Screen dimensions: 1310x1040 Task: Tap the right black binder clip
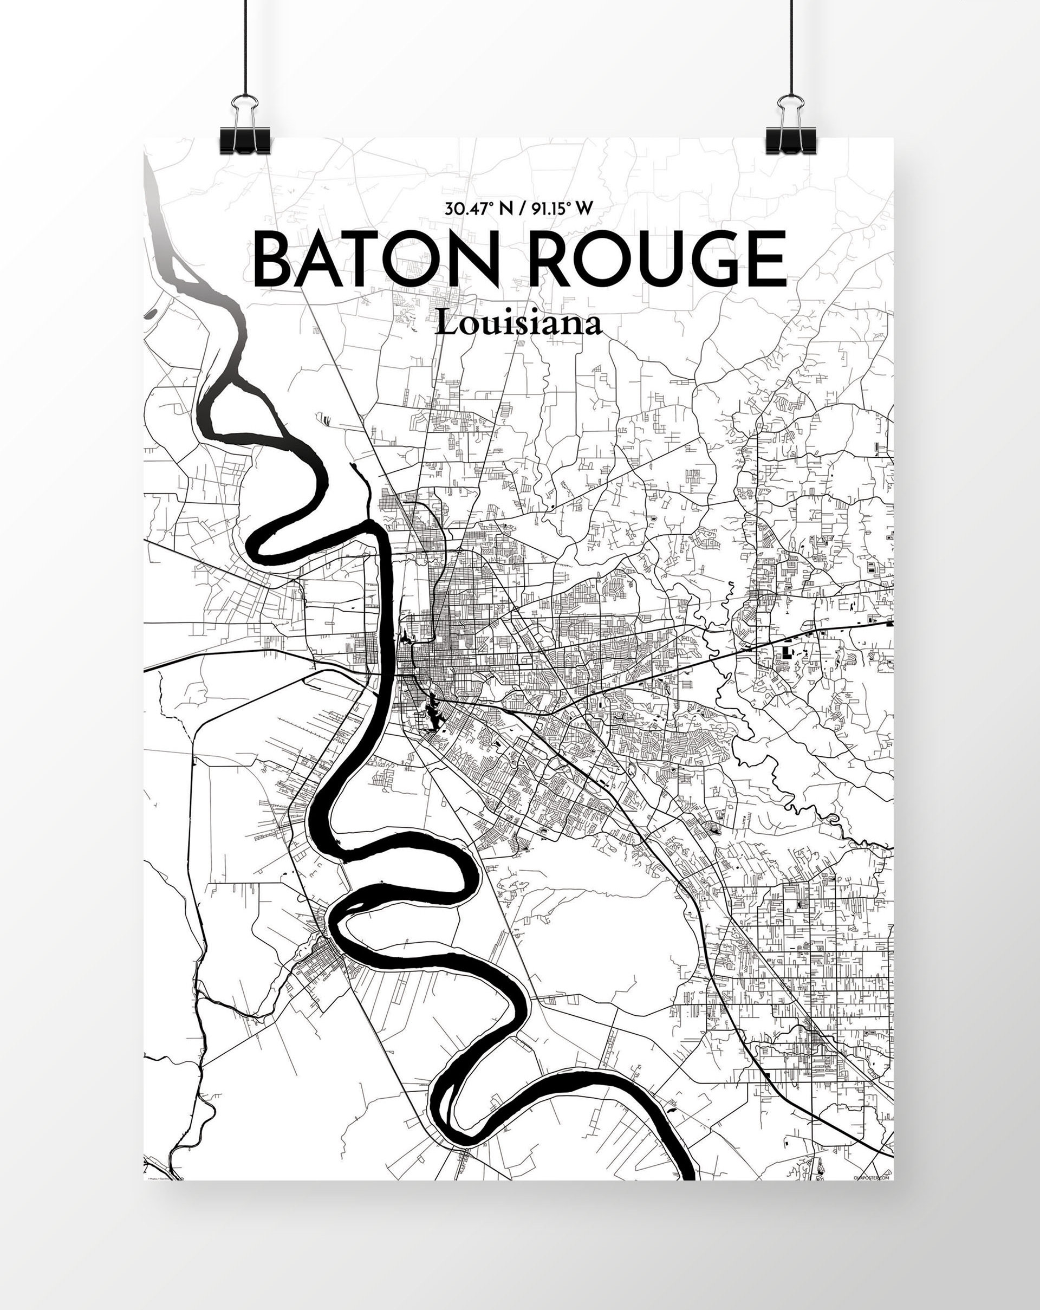790,136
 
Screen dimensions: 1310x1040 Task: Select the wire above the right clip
791,49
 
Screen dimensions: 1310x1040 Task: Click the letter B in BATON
277,260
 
